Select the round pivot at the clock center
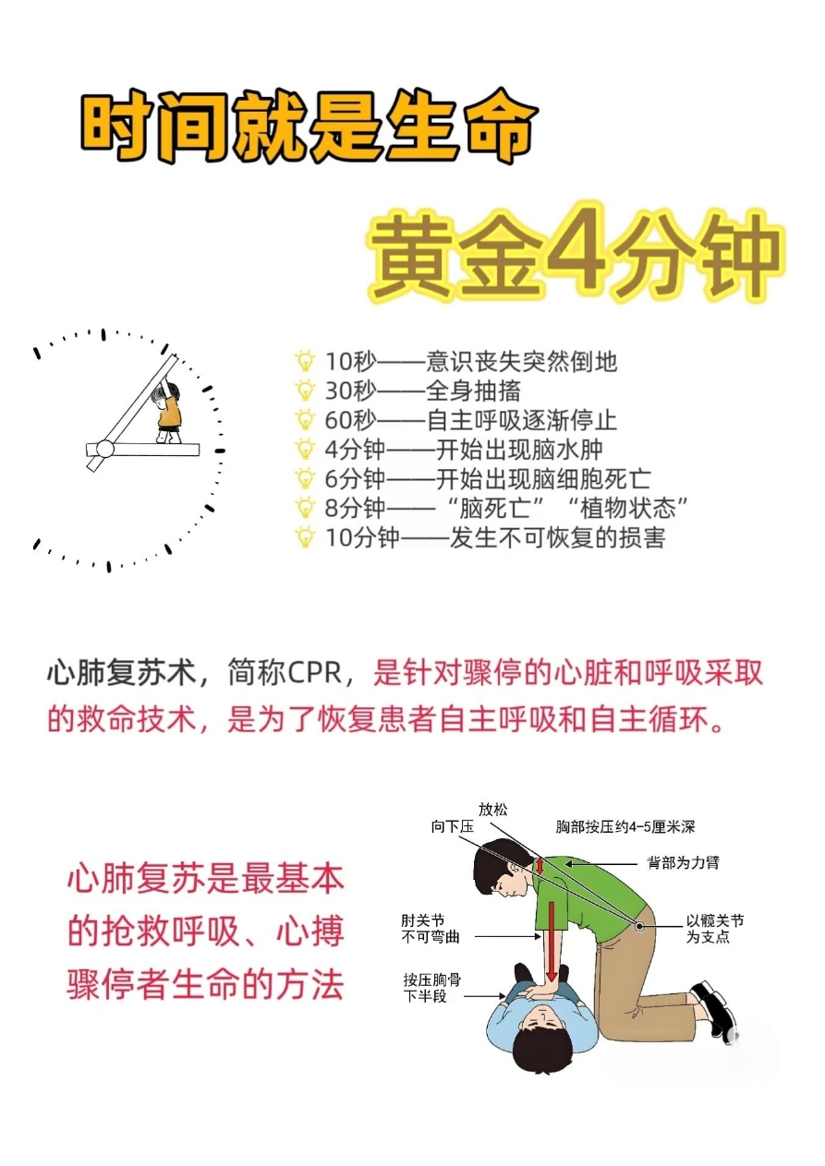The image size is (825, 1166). (104, 448)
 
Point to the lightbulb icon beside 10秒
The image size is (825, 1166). (305, 361)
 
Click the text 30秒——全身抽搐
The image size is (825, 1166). (422, 391)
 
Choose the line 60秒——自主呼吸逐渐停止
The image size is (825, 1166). (471, 419)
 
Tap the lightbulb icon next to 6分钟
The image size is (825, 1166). (305, 478)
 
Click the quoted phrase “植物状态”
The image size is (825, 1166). (627, 508)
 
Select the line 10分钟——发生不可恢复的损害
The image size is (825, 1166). (495, 536)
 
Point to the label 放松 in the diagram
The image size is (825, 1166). (492, 809)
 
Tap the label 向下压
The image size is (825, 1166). (452, 826)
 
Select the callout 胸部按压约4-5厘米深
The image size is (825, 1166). (625, 826)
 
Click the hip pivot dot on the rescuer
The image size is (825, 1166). (639, 927)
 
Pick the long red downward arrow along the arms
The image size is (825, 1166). (552, 943)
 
